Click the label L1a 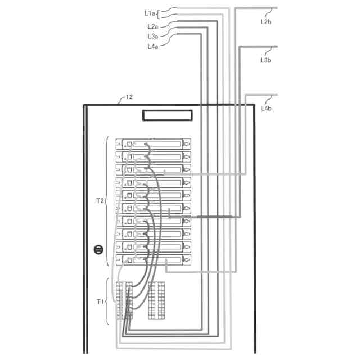point(150,12)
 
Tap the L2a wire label point(152,26)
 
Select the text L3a point(152,36)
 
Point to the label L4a point(152,47)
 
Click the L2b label point(266,22)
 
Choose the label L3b point(266,59)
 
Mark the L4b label point(266,107)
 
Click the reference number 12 point(129,97)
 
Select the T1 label point(100,301)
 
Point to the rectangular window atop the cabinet point(167,115)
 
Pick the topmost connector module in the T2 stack point(154,144)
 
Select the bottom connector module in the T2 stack point(154,260)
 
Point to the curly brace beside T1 point(107,301)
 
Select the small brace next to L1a point(159,12)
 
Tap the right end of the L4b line point(277,94)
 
